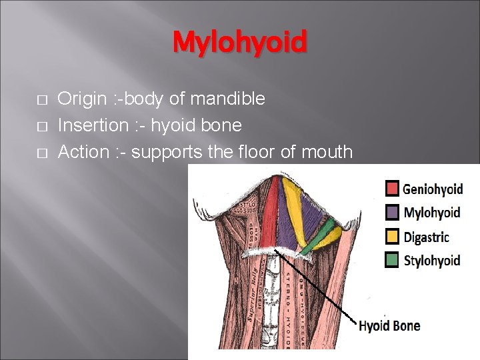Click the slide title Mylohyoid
(240, 43)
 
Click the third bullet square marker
(41, 153)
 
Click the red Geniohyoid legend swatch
(393, 189)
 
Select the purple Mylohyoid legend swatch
(393, 213)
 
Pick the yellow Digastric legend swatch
(393, 237)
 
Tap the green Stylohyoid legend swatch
(393, 260)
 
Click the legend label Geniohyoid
(433, 189)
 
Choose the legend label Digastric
(427, 237)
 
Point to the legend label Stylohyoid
(432, 261)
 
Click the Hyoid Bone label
(389, 326)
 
